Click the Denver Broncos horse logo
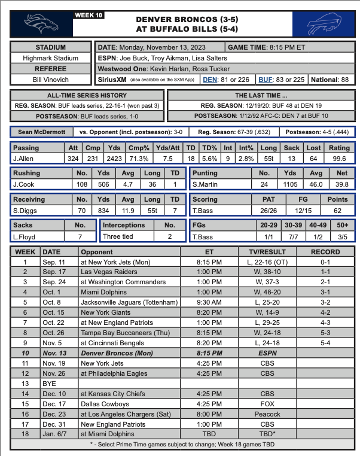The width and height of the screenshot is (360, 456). tap(40, 25)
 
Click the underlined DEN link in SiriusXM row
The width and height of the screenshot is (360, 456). tap(210, 79)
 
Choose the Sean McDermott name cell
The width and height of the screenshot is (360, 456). tap(41, 132)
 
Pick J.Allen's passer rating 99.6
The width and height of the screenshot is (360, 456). tap(339, 159)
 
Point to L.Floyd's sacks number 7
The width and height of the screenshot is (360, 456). tap(80, 237)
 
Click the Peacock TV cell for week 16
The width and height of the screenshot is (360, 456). tap(267, 414)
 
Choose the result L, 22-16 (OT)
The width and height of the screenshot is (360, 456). tap(267, 262)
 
